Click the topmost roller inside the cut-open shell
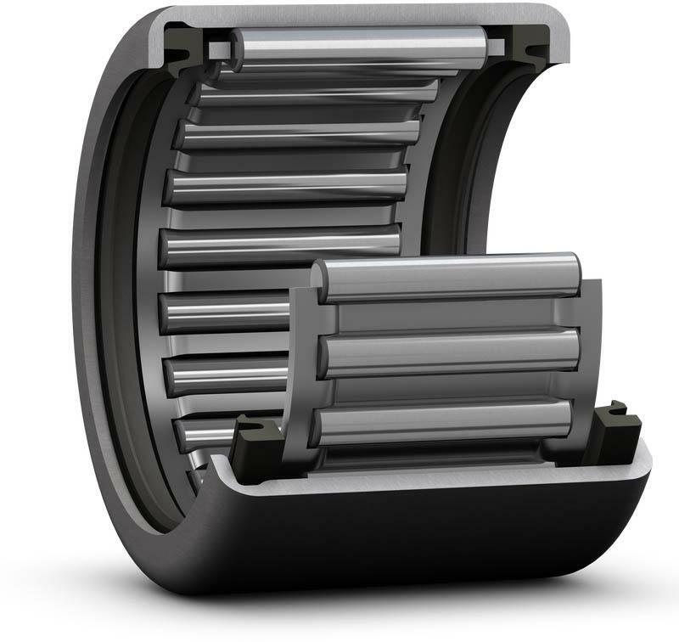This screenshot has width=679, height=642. (x=356, y=44)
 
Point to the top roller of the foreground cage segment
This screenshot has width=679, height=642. (x=450, y=278)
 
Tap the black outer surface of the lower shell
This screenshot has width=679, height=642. (x=424, y=543)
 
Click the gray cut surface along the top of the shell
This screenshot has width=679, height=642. (x=356, y=14)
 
